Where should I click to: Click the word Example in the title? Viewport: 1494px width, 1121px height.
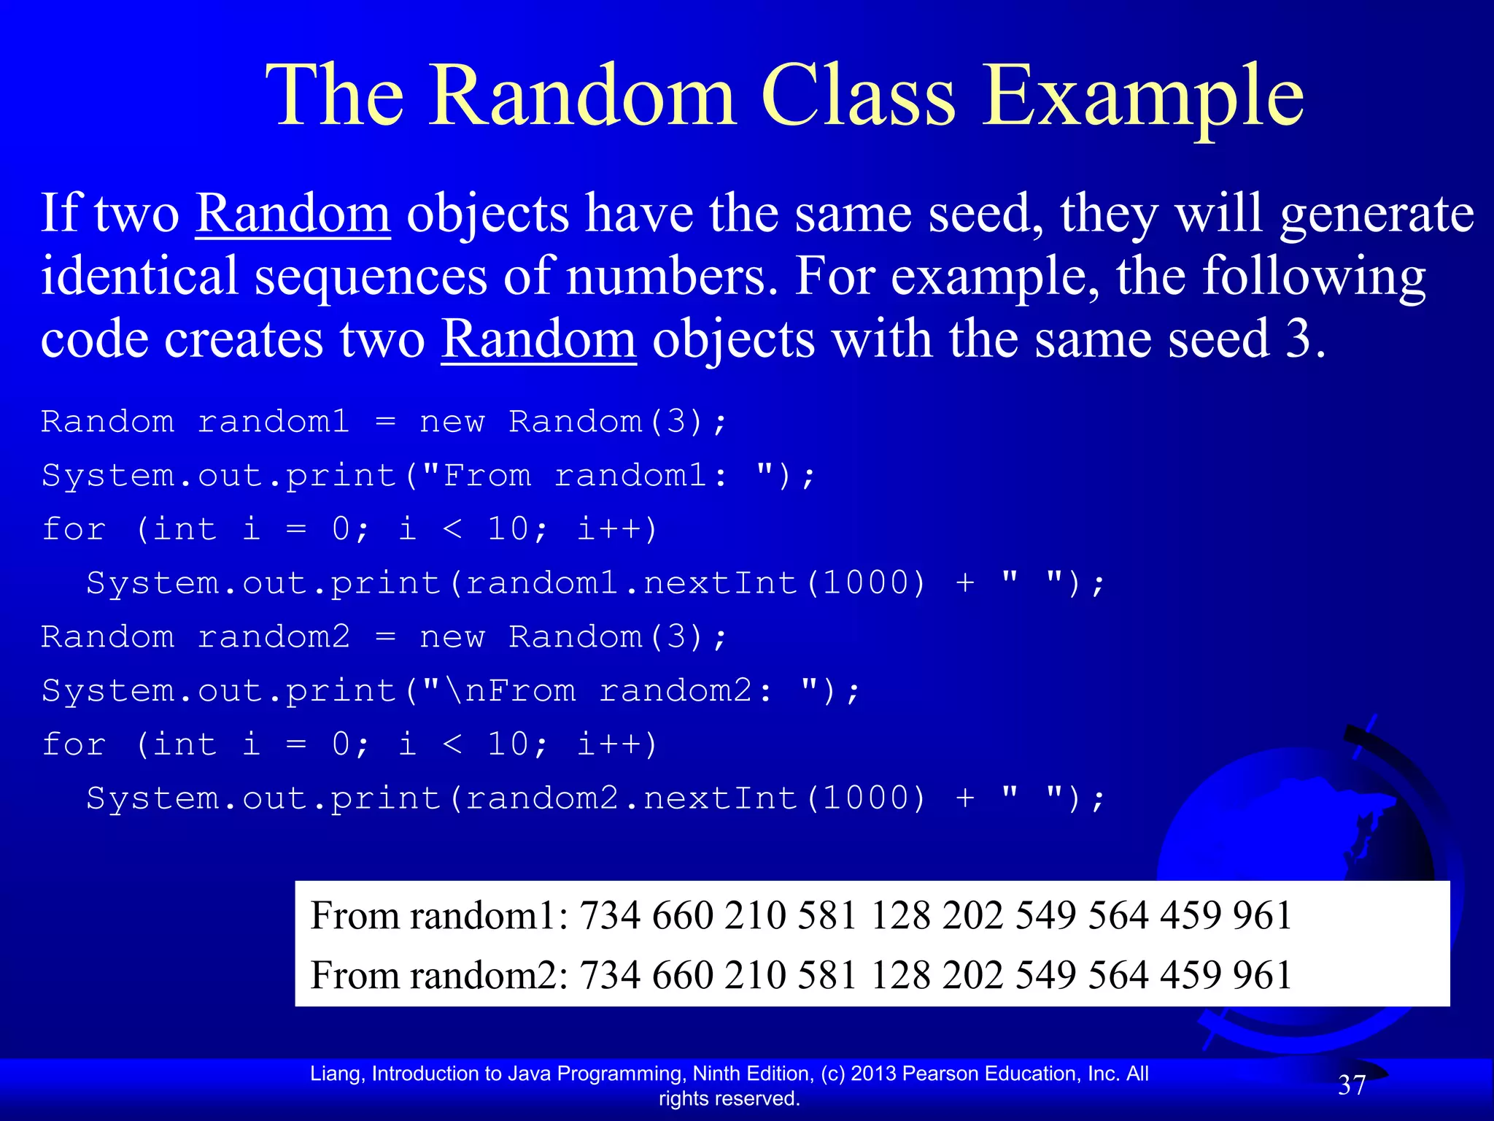(x=1142, y=96)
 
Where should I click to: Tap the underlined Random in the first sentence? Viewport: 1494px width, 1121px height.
(x=293, y=214)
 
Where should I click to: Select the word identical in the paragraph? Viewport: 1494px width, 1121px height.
(x=139, y=277)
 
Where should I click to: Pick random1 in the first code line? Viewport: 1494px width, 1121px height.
(x=274, y=422)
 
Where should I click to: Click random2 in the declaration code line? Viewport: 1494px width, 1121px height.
(x=274, y=637)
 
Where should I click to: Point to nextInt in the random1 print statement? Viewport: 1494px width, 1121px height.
(x=721, y=583)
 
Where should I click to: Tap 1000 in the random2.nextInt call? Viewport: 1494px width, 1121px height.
(x=866, y=798)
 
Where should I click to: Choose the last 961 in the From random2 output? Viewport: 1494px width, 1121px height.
(x=1262, y=975)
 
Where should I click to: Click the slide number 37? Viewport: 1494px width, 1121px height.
(x=1352, y=1085)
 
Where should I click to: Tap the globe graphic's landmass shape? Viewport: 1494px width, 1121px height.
(x=1357, y=825)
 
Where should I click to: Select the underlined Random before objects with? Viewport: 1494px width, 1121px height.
(x=538, y=339)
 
